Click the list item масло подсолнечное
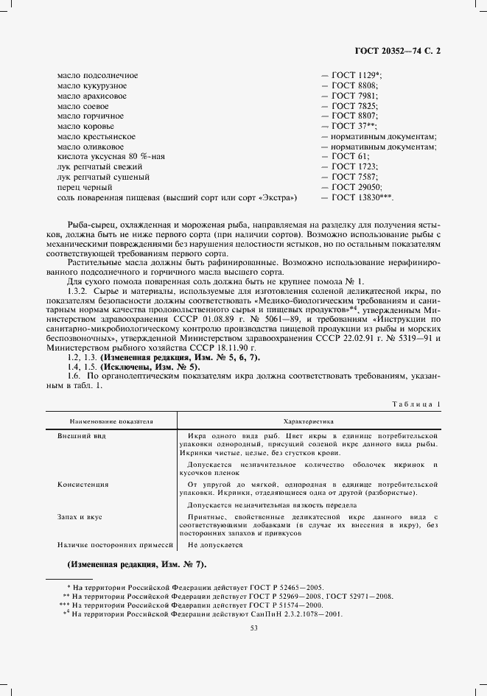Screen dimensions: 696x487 point(97,76)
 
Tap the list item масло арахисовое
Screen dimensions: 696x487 point(91,96)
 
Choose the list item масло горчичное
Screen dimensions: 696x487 point(90,116)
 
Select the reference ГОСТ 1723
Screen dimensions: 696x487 point(354,167)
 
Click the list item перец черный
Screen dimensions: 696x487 point(81,188)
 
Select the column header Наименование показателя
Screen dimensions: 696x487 point(111,421)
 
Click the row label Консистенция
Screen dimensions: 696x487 point(83,485)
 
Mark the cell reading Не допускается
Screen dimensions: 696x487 point(215,544)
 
